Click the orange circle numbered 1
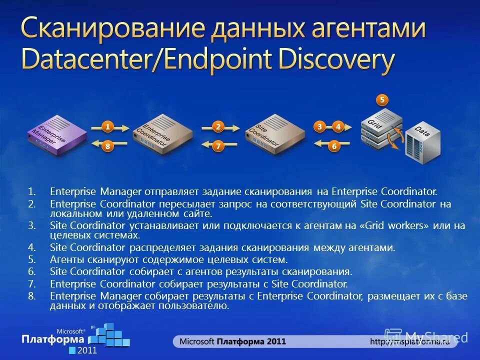pos(107,127)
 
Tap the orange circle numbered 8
pos(107,146)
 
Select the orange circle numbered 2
pos(218,127)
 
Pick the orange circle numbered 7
pos(218,146)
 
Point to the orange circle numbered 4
pos(338,127)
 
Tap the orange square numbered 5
pos(382,100)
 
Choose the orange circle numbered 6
pos(334,146)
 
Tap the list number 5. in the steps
pos(32,259)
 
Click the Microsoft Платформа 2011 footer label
pos(233,341)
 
